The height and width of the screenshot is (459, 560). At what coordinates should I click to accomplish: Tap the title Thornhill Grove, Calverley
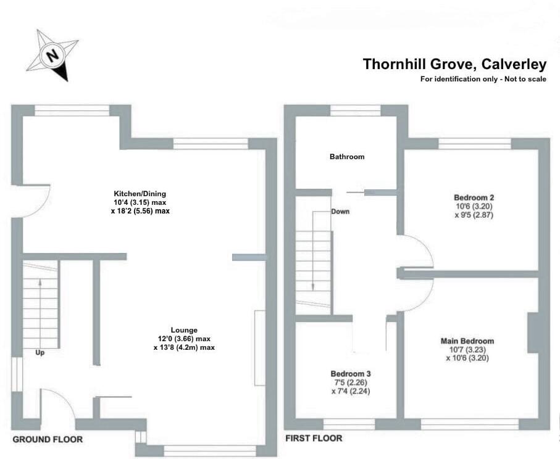click(454, 64)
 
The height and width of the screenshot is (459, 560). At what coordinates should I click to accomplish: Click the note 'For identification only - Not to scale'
click(483, 79)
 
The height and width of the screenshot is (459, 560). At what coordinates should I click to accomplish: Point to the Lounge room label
click(185, 330)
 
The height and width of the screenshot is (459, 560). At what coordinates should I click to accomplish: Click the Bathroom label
click(347, 157)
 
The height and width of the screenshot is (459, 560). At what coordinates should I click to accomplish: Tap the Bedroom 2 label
click(474, 198)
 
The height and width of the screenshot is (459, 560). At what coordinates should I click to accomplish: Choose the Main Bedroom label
click(467, 341)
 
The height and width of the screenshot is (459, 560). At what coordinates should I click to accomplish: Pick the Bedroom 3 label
click(351, 374)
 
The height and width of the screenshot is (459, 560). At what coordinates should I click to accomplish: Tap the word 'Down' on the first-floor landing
click(340, 212)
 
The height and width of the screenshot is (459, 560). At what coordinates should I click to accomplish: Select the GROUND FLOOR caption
click(48, 439)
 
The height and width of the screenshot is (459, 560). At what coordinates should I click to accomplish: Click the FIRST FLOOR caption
click(314, 439)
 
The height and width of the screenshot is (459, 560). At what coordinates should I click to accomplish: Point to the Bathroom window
click(355, 110)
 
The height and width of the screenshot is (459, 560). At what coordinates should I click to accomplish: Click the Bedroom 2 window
click(475, 144)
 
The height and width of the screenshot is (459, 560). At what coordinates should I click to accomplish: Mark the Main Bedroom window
click(470, 424)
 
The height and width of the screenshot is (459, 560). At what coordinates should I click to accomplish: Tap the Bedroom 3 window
click(349, 424)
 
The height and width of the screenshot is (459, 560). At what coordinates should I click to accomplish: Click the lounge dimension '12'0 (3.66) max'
click(185, 339)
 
